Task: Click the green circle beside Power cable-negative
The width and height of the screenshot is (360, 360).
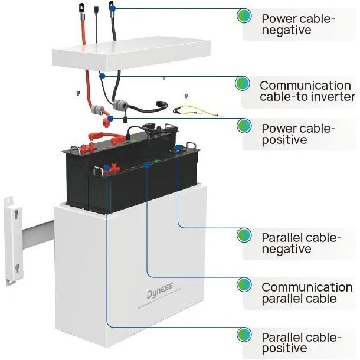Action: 244,16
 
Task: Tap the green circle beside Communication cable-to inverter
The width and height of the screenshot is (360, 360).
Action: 242,83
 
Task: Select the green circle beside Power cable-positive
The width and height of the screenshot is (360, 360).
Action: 244,126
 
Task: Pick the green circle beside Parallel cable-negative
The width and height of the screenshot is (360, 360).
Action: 244,235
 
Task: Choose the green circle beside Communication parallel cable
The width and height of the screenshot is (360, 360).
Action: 244,285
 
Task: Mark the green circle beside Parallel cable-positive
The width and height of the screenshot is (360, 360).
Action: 244,336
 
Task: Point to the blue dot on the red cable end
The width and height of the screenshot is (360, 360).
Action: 111,119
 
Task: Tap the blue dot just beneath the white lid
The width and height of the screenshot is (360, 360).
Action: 103,76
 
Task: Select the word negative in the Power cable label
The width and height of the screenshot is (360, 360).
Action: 286,30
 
